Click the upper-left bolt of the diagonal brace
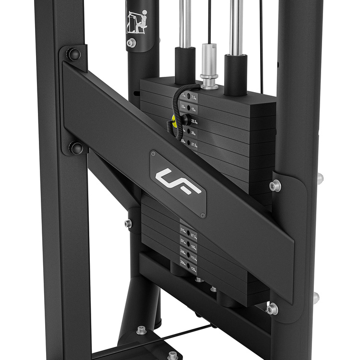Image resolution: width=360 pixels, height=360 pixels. pyautogui.click(x=73, y=54)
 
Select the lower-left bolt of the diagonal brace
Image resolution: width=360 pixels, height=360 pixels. pyautogui.click(x=76, y=148)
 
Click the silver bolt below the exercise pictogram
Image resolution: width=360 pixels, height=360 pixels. pyautogui.click(x=132, y=43)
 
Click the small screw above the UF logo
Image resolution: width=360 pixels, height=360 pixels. pyautogui.click(x=154, y=154)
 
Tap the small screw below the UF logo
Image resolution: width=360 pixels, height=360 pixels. pyautogui.click(x=203, y=215)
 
